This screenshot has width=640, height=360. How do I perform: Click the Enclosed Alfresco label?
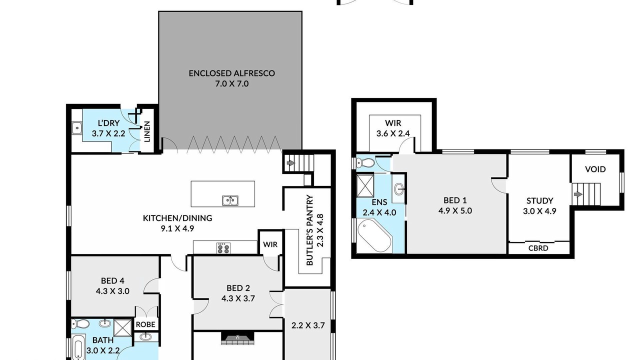tap(231, 73)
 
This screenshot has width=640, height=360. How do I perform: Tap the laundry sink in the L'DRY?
tap(76, 127)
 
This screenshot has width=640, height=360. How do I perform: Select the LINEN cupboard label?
tap(147, 131)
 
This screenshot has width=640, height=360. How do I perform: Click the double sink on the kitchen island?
tap(230, 200)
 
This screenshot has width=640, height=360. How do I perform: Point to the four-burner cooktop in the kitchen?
tap(223, 248)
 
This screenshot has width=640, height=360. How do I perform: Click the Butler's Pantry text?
tap(309, 230)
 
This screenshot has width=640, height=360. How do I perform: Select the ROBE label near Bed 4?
tap(145, 324)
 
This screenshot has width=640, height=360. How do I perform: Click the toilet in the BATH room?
tap(80, 324)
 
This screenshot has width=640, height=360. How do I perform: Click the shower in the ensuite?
tap(365, 186)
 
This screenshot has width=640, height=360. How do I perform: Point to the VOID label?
tap(595, 169)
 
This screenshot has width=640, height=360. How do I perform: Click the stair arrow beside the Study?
tap(578, 194)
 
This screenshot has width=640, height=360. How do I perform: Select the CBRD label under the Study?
tap(538, 248)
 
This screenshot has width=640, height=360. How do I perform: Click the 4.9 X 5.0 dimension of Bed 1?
tap(455, 211)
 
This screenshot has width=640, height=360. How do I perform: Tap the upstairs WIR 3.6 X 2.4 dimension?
tap(393, 133)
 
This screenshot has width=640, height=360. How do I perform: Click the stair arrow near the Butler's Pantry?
tap(291, 163)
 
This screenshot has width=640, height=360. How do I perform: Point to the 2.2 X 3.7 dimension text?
tap(307, 325)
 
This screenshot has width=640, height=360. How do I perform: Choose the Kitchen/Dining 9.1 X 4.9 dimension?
tap(177, 228)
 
